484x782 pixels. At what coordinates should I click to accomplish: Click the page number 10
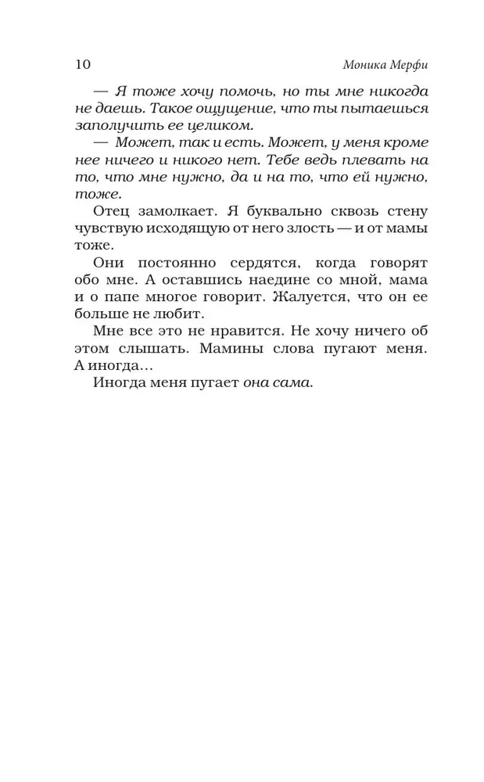[x=84, y=63]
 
